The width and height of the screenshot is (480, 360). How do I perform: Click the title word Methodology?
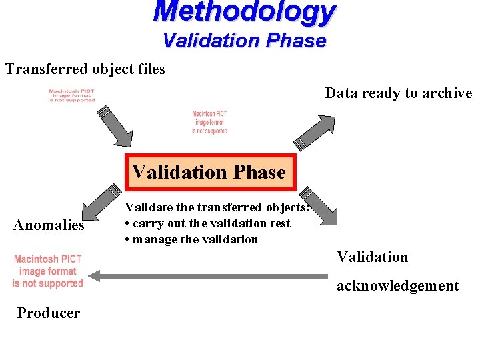(245, 12)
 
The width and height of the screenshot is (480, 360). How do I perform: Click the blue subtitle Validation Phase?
(245, 41)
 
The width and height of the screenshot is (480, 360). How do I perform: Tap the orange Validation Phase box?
(209, 172)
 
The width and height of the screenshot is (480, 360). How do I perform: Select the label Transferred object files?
(85, 69)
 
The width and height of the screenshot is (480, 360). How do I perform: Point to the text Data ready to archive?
(399, 93)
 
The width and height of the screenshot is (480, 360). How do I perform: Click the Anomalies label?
(49, 225)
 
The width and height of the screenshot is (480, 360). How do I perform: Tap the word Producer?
(49, 313)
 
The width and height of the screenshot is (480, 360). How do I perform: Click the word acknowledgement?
(397, 286)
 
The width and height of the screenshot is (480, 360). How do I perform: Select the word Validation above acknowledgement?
(372, 257)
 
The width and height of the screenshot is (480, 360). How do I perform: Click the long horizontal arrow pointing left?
(208, 275)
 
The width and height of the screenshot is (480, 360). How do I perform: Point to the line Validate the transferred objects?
(217, 207)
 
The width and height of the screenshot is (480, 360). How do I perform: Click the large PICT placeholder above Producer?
(48, 271)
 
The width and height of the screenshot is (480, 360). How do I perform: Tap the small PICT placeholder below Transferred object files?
(71, 95)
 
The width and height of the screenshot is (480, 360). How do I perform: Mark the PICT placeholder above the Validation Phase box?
(209, 122)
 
